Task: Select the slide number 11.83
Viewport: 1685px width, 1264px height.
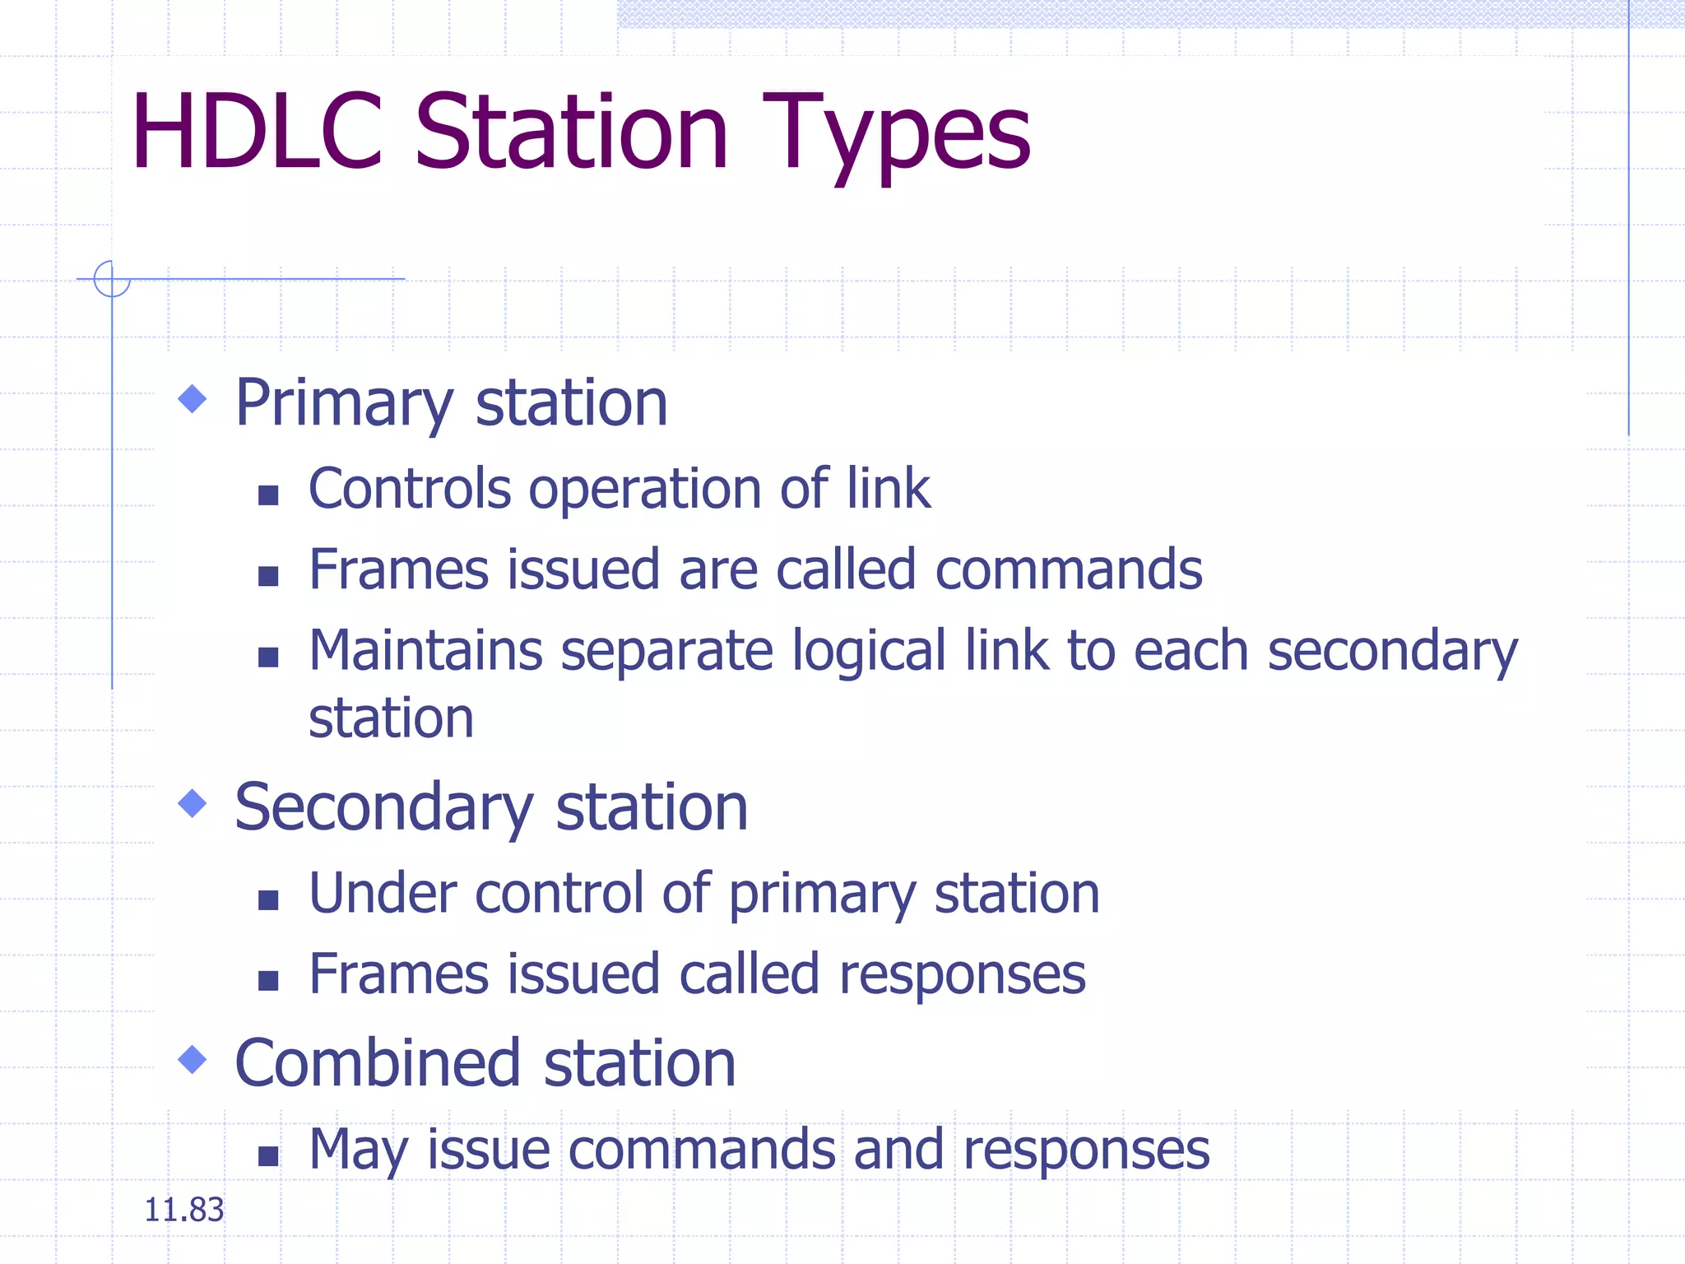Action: (183, 1210)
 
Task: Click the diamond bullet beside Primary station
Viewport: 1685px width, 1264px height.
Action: (193, 399)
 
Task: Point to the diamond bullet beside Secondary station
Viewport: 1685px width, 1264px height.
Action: (193, 803)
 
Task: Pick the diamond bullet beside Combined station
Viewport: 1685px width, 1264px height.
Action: (193, 1059)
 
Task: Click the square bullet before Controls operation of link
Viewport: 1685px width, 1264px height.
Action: (268, 495)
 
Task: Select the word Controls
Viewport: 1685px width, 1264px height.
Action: (410, 489)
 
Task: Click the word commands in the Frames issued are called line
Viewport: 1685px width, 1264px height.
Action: (1069, 569)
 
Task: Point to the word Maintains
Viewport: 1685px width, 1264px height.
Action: (425, 651)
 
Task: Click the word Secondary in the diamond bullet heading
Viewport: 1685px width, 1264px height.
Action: (384, 808)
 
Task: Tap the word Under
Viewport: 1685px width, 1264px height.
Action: (383, 894)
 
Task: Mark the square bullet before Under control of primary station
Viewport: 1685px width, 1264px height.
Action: (268, 899)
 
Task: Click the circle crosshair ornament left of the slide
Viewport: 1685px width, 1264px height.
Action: (112, 279)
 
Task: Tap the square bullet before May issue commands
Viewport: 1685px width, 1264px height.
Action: (268, 1156)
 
